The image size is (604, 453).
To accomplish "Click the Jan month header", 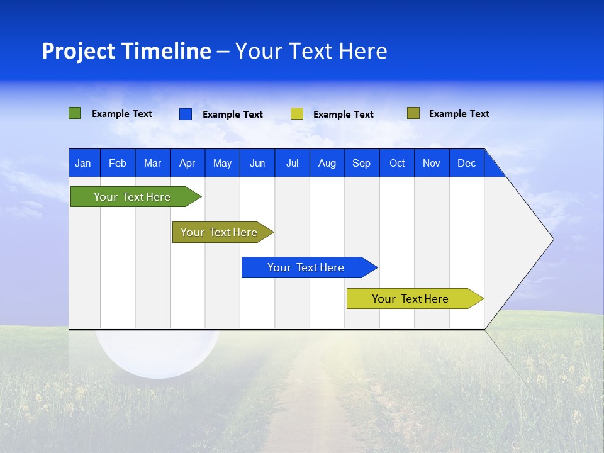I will click(83, 163).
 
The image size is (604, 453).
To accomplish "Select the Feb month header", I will click(118, 163).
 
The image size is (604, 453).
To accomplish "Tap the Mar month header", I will click(152, 163).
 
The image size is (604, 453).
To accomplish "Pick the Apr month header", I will click(187, 163).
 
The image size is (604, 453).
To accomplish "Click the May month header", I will click(222, 163).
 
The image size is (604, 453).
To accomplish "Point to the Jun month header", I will click(257, 163).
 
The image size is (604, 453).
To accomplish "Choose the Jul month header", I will click(292, 163).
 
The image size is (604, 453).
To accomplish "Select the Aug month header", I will click(327, 163).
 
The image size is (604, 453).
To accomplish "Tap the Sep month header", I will click(362, 163).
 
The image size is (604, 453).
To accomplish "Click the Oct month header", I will click(397, 163).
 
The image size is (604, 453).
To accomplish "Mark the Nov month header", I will click(432, 163).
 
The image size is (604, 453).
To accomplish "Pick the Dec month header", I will click(467, 163).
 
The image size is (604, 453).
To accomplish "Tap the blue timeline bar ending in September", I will click(306, 267).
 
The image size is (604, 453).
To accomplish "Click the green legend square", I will click(75, 113).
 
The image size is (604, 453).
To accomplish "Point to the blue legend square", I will click(186, 114).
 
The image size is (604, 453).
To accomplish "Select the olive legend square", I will click(413, 113).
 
